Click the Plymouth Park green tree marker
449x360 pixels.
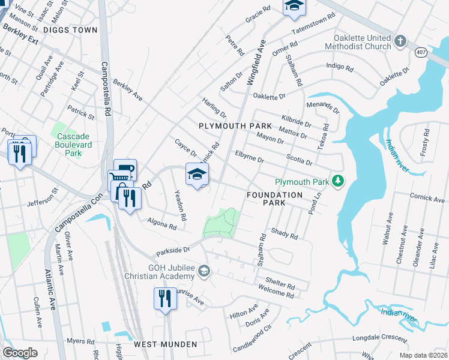click(x=339, y=181)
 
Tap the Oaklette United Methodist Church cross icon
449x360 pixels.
click(x=400, y=41)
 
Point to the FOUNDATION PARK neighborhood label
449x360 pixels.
click(x=275, y=199)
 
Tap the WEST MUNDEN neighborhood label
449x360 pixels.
click(x=165, y=344)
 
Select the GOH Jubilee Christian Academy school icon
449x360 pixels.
click(x=205, y=272)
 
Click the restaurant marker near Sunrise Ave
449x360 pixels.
click(x=164, y=298)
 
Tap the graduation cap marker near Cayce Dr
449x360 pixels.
click(x=196, y=174)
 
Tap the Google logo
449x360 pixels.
click(x=20, y=353)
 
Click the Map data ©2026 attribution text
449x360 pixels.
click(x=423, y=356)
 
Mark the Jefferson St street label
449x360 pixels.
click(x=42, y=197)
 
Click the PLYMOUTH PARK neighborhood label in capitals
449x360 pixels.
click(x=235, y=126)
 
